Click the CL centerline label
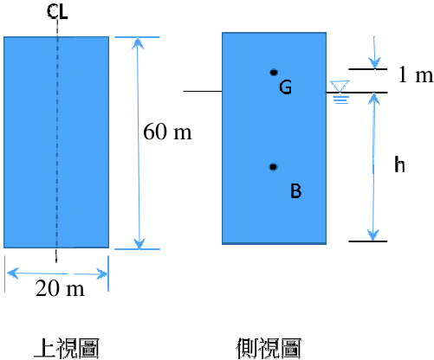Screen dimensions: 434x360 click(x=57, y=12)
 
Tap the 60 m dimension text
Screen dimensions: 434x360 click(x=167, y=132)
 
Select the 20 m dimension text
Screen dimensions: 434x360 click(x=60, y=288)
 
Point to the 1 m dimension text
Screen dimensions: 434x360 click(x=416, y=74)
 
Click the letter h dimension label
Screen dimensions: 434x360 click(x=399, y=164)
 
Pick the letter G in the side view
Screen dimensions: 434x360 click(x=285, y=87)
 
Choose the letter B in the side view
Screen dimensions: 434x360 click(x=296, y=191)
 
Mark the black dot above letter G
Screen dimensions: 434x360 click(x=274, y=73)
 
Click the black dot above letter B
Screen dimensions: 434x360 click(x=273, y=167)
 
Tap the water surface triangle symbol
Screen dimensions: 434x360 click(x=340, y=87)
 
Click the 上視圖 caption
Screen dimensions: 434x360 click(x=67, y=349)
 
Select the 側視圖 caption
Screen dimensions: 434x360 click(x=269, y=349)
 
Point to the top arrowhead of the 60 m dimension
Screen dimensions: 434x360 click(x=138, y=43)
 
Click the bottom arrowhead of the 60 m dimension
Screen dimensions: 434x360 click(x=139, y=243)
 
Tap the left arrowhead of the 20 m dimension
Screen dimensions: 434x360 click(x=13, y=273)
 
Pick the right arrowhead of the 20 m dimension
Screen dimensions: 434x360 click(x=101, y=273)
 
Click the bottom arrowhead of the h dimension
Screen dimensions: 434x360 click(x=373, y=235)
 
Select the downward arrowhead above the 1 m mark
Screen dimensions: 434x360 click(x=374, y=62)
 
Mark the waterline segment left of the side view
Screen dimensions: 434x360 click(x=203, y=91)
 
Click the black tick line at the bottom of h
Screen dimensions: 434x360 click(x=368, y=241)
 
